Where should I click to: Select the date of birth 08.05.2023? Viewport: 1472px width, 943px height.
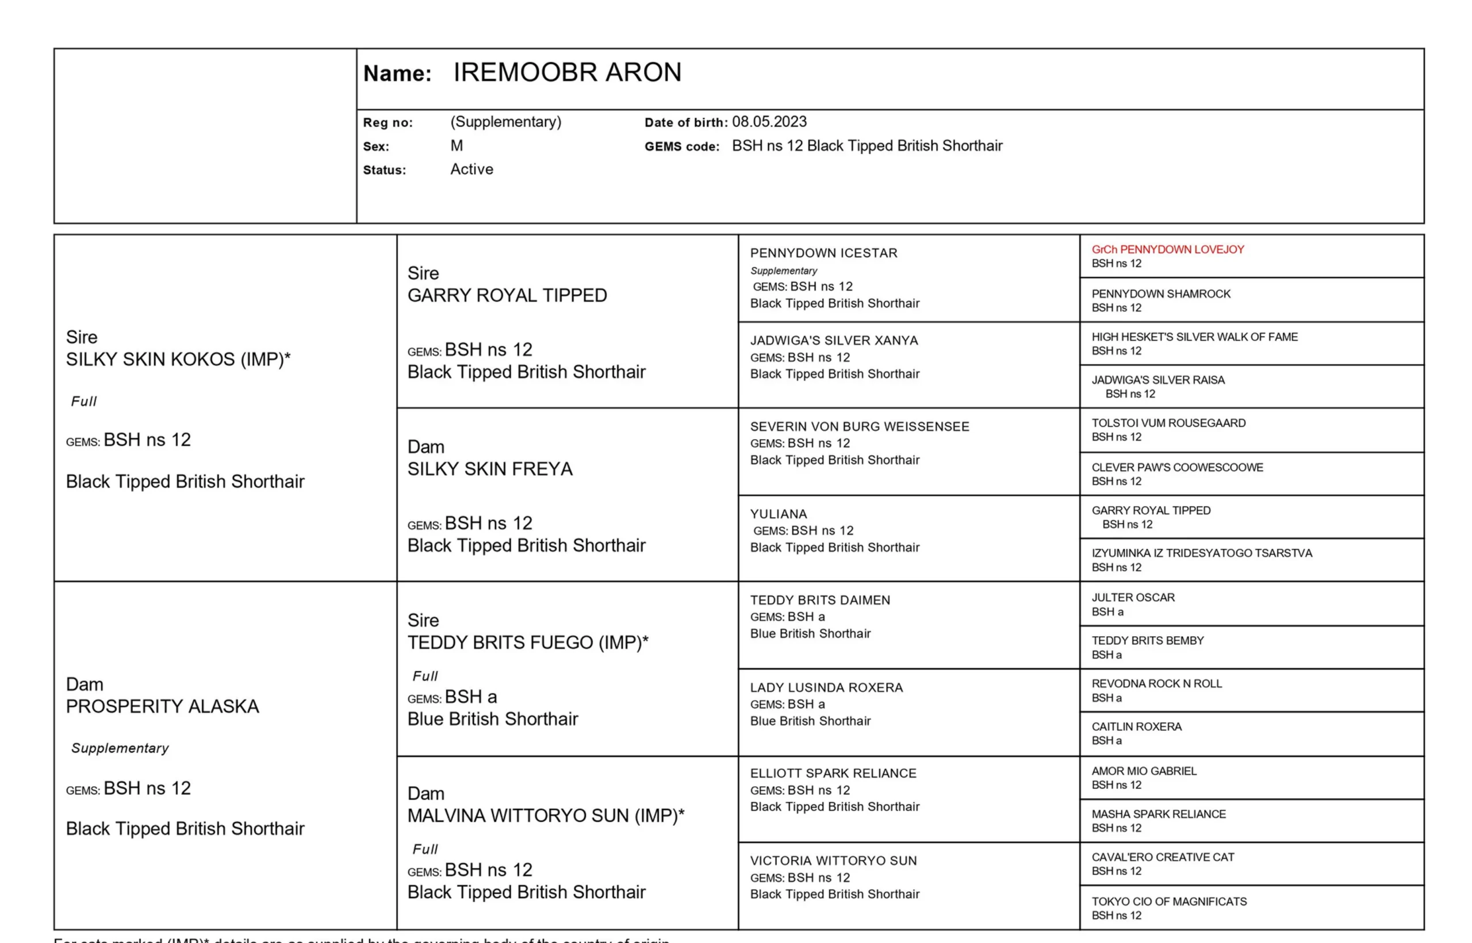pos(769,122)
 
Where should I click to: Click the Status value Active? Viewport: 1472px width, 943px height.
pos(471,170)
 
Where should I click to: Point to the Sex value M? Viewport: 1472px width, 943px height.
pos(457,146)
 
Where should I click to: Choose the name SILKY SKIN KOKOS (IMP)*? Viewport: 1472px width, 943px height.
pos(178,359)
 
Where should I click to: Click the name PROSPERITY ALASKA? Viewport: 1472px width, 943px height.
pos(162,707)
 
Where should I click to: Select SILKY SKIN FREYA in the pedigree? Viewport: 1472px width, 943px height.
pos(489,469)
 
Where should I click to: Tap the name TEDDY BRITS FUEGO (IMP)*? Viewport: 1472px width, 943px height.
pos(527,642)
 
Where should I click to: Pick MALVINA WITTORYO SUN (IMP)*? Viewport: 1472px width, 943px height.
pos(546,815)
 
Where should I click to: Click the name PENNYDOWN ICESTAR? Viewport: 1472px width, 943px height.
pos(823,253)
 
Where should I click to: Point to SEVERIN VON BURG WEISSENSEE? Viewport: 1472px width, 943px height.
pos(860,426)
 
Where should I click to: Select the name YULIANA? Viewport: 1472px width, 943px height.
pos(778,514)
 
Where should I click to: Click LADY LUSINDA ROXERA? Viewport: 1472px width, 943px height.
pos(826,687)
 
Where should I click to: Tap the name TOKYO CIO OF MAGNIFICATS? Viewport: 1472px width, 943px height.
pos(1168,902)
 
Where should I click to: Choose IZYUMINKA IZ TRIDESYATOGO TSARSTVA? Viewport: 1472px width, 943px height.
pos(1201,553)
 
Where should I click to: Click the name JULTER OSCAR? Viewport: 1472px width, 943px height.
pos(1133,597)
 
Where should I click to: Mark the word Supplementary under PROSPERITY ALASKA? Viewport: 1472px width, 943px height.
pos(120,748)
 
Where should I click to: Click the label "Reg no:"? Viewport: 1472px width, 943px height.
pos(388,122)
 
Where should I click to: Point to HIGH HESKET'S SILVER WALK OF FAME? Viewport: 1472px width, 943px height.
pos(1194,337)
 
